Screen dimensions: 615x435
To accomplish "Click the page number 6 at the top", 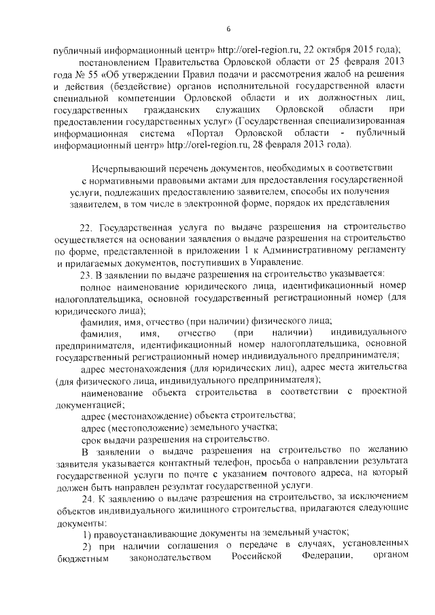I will (228, 29).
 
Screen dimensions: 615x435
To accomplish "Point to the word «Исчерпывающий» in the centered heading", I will (129, 168).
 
